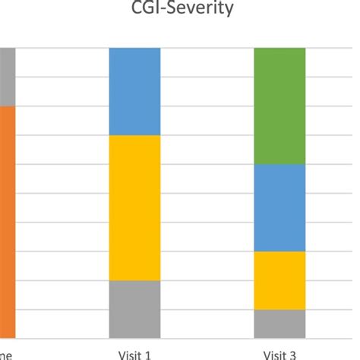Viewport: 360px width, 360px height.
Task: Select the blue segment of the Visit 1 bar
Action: [134, 91]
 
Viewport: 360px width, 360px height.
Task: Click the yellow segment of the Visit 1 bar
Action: [134, 207]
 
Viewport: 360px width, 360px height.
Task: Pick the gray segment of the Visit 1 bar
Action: [134, 308]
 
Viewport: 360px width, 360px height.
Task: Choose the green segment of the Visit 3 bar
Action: [279, 106]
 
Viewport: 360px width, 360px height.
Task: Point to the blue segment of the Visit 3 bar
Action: [279, 207]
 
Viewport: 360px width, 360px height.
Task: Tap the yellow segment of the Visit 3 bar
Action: [279, 279]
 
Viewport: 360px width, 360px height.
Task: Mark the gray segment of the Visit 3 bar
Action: [279, 323]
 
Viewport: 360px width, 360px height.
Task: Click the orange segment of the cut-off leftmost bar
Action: [7, 220]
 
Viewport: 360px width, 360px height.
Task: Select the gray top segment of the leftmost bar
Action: [7, 77]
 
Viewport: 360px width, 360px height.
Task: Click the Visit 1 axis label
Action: [134, 353]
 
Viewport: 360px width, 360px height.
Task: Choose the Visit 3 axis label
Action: [279, 353]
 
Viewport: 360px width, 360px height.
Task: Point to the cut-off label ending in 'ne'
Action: [5, 354]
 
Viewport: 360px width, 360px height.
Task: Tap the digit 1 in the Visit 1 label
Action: [148, 353]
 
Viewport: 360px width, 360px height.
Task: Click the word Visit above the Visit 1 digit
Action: [130, 353]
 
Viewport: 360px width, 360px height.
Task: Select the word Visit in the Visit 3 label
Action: [274, 353]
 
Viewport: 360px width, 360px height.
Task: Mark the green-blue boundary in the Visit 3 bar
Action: [279, 164]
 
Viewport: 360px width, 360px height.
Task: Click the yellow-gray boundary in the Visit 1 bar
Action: [134, 280]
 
